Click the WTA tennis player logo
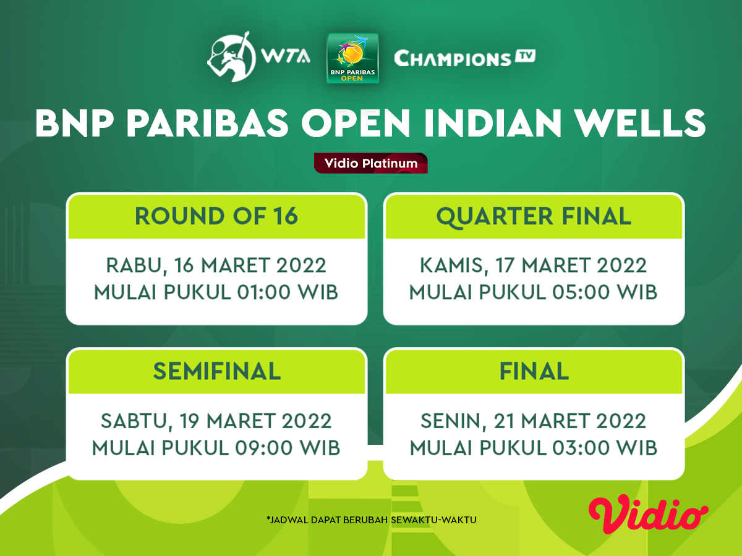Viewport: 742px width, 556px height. click(232, 57)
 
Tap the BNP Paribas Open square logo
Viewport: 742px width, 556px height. click(352, 58)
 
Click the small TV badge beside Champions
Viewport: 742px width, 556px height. click(525, 56)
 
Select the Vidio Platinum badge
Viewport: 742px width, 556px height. click(371, 163)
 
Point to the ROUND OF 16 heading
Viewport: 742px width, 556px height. click(216, 216)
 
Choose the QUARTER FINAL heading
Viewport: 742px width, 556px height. click(534, 217)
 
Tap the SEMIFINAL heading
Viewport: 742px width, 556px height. click(216, 371)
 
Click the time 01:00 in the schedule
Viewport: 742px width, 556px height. click(263, 292)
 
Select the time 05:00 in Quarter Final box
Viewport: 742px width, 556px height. click(579, 292)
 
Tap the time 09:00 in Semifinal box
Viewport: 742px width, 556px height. click(263, 448)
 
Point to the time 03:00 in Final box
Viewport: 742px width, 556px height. click(579, 448)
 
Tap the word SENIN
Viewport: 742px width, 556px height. click(453, 422)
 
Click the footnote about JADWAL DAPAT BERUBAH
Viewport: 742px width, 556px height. click(372, 520)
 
